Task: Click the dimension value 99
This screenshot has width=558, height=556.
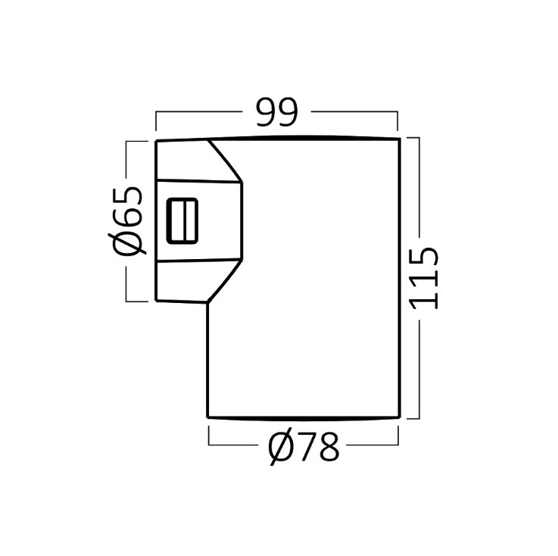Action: (276, 112)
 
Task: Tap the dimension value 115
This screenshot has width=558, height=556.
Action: (423, 278)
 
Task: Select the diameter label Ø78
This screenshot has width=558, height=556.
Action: (304, 447)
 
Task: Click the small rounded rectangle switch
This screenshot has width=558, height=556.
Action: (182, 220)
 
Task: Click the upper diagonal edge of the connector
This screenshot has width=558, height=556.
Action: (225, 161)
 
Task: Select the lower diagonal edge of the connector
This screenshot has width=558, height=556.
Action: (225, 281)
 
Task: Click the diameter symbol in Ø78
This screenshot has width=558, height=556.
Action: (281, 447)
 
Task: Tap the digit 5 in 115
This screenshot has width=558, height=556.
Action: (424, 257)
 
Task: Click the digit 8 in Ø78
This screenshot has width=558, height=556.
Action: (328, 447)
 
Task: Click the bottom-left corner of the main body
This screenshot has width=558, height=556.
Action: (207, 417)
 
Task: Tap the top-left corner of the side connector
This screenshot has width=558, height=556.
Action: (156, 142)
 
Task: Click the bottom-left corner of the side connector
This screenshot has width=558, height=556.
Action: (156, 301)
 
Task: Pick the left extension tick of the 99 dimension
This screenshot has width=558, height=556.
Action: (156, 121)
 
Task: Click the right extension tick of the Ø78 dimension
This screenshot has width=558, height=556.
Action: (398, 436)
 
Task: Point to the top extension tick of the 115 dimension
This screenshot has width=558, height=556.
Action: (413, 138)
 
